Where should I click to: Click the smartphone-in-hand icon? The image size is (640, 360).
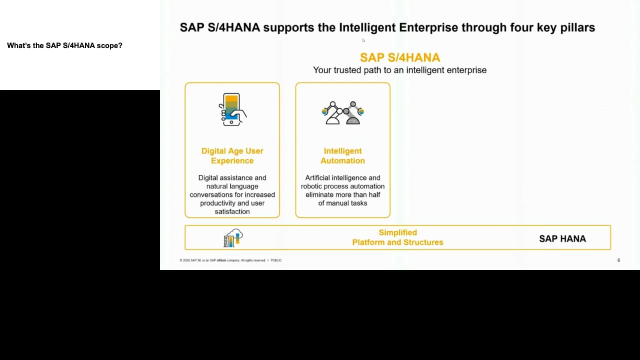232,109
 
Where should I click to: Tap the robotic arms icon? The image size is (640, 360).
342,112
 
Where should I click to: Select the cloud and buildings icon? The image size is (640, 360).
233,237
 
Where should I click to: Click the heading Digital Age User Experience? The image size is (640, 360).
232,155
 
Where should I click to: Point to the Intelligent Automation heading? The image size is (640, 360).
342,155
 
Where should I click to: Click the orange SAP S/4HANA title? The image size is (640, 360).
400,57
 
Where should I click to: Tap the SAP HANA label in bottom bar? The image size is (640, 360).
562,238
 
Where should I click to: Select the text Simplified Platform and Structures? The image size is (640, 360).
397,237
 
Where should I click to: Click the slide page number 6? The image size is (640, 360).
618,260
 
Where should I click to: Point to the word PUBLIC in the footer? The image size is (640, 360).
276,260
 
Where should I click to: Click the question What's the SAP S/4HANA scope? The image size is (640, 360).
64,45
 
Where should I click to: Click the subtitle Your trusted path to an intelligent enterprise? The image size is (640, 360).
399,70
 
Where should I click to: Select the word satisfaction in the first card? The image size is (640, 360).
232,211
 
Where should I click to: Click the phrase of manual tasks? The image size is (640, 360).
342,203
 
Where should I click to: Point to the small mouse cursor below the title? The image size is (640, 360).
363,40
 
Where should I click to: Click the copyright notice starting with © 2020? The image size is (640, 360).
222,260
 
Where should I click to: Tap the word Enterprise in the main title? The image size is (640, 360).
428,27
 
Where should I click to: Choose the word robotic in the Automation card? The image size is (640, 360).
311,186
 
